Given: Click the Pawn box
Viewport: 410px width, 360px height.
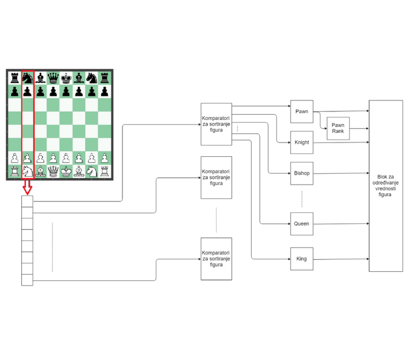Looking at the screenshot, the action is (x=302, y=111).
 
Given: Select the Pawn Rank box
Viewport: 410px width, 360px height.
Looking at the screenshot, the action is (x=338, y=128).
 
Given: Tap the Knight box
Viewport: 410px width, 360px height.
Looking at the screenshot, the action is (x=302, y=142).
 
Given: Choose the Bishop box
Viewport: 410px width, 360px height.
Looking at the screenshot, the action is (x=302, y=173).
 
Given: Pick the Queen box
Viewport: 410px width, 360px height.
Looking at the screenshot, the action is (x=302, y=224).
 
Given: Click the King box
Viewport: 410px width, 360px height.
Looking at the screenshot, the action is (x=302, y=259).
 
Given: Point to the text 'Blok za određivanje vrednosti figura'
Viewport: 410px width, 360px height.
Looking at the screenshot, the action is (x=385, y=186).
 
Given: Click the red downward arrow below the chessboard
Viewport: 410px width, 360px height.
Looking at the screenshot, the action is (x=27, y=187).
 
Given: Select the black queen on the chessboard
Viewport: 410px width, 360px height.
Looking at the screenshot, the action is (x=53, y=78).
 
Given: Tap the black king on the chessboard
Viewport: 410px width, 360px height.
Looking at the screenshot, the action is (x=66, y=78).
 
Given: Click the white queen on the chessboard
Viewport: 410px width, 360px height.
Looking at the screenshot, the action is (x=53, y=171).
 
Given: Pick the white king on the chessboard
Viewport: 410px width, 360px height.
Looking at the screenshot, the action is (x=66, y=171).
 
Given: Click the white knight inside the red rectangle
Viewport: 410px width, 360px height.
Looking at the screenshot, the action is (x=28, y=171).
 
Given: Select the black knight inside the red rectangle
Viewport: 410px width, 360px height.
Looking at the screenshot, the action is (x=28, y=78).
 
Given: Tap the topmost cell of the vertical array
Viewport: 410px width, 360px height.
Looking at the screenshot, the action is (x=27, y=201).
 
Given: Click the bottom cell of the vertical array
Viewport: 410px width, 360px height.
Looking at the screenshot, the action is (x=27, y=280).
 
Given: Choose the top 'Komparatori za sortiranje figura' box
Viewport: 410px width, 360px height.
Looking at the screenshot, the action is (x=216, y=124).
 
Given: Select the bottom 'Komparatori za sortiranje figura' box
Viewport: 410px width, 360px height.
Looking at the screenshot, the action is (x=216, y=259).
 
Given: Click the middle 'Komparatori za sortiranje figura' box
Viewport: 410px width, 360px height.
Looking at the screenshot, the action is (x=216, y=178).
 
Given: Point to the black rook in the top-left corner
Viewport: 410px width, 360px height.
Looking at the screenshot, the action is (x=14, y=78).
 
